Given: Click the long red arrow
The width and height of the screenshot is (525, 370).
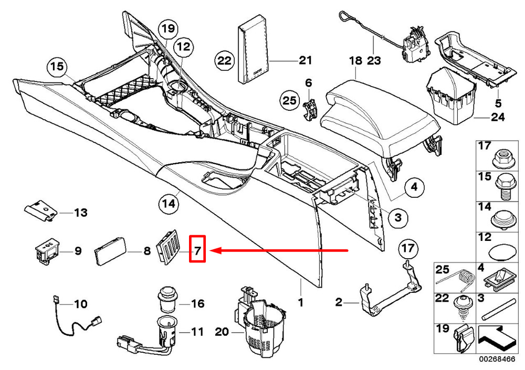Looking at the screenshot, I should tap(283, 251).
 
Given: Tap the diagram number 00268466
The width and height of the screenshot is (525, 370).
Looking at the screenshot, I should tap(497, 360).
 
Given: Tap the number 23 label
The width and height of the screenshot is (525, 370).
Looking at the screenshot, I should tap(373, 60).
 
